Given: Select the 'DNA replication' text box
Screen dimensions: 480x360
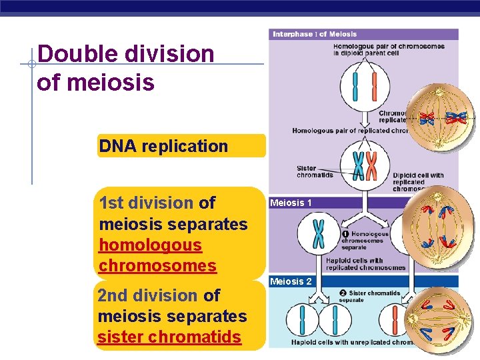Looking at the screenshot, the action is point(163,146).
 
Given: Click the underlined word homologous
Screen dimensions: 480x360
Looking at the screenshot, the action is point(150,245).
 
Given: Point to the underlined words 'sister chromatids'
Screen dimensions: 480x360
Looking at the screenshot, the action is point(169,337).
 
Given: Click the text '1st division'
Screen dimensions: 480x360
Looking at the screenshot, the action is point(146,202).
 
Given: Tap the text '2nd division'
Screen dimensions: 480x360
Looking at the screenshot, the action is point(147,295).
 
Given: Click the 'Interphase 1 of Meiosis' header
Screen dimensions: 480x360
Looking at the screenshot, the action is point(315,34).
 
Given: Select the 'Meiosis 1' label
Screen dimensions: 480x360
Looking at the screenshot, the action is point(290,203).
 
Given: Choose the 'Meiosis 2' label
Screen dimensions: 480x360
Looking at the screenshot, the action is point(290,281).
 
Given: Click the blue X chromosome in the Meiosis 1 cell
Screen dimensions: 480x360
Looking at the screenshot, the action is point(319,233).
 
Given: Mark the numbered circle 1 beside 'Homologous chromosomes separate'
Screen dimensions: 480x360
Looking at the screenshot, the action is point(345,234).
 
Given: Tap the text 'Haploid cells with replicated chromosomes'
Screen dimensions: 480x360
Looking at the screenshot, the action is point(364,264).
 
